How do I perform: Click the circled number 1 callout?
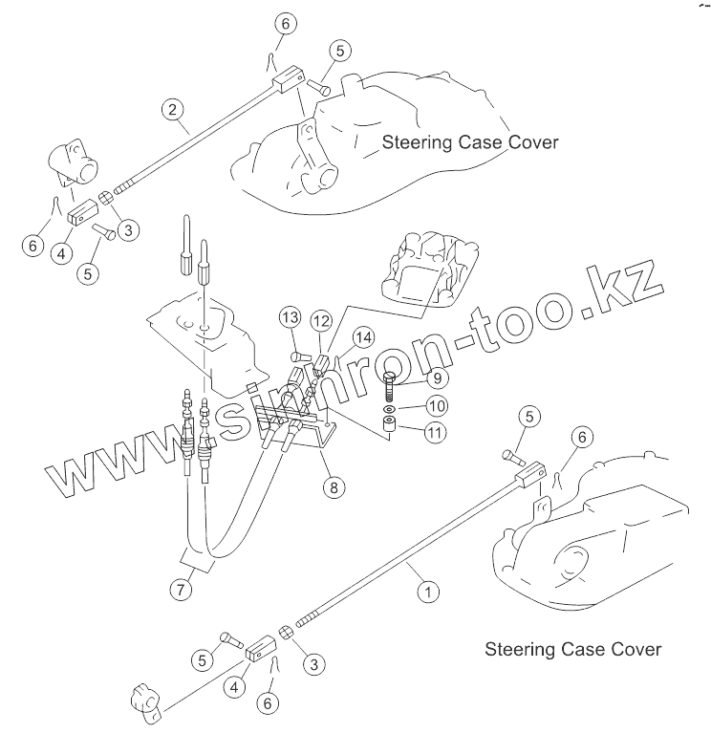coord(429,593)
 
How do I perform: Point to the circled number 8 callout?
coord(333,486)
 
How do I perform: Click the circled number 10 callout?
coord(435,406)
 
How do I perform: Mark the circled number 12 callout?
coord(321,319)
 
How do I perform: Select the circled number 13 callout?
coord(290,317)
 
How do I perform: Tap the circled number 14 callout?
coord(361,336)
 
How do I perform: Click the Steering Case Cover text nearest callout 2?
coord(470,142)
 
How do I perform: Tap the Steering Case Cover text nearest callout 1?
coord(572,650)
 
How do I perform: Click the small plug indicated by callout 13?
coord(299,354)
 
